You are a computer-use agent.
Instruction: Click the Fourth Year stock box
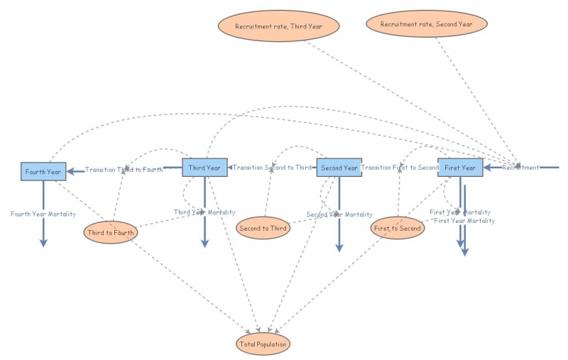coord(43,171)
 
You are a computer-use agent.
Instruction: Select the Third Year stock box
coord(205,168)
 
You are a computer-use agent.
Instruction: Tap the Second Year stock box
coord(339,168)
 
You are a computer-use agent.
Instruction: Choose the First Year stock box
coord(460,168)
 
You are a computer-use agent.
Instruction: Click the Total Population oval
coord(263,344)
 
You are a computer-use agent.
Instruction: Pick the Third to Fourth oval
coord(110,231)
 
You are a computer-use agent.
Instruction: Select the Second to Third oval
coord(263,228)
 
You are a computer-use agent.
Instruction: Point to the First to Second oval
coord(398,228)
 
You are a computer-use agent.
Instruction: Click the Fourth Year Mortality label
coord(43,214)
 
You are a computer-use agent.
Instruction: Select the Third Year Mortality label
coord(204,212)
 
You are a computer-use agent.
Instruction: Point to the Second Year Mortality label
coord(339,214)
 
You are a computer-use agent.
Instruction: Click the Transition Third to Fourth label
coord(124,170)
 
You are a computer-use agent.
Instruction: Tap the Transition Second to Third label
coord(272,168)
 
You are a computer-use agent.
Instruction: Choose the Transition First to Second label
coord(400,168)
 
